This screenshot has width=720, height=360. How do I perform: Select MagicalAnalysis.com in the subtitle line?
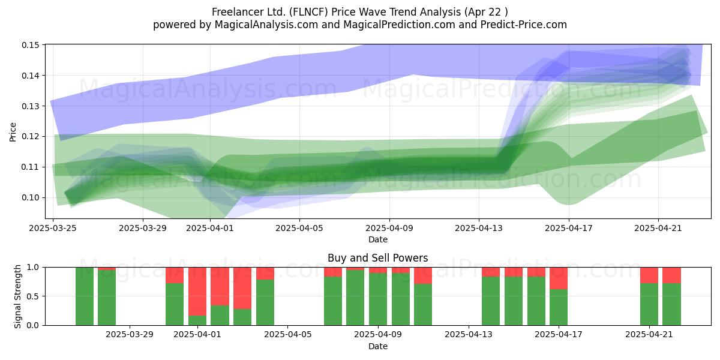point(266,25)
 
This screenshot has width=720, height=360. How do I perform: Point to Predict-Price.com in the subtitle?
point(524,25)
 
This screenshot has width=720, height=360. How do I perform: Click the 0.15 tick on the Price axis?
point(31,45)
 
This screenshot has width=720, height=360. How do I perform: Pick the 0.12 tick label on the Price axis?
point(31,137)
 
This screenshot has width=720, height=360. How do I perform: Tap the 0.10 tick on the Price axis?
point(31,197)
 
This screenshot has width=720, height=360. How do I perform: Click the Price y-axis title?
point(13,132)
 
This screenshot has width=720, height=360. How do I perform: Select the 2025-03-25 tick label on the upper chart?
point(53,228)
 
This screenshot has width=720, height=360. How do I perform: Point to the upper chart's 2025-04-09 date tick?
point(389,228)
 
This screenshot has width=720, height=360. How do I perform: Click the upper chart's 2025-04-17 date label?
point(569,228)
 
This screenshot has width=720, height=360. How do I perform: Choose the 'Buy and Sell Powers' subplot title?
point(377,258)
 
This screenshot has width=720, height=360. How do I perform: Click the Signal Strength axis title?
point(17,296)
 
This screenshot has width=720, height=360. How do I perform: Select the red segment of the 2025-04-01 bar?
point(197,292)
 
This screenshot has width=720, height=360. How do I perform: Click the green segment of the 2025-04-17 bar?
point(559,307)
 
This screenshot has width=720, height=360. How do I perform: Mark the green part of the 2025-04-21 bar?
point(649,304)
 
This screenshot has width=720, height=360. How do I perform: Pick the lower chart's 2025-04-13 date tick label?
point(469,335)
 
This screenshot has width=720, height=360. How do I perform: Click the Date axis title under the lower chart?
point(377,347)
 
